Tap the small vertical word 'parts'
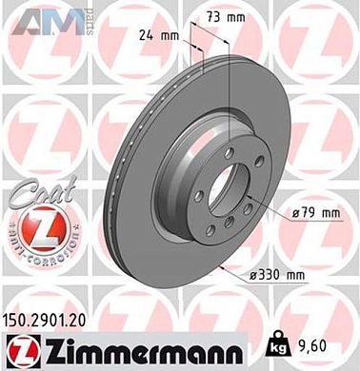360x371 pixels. (x=90, y=17)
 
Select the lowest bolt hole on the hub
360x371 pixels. (x=232, y=225)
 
